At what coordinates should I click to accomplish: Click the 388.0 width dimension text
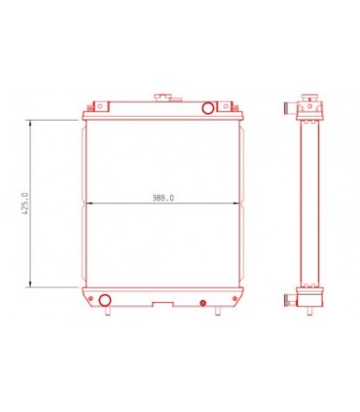[162, 198]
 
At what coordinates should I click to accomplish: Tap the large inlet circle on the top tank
[209, 106]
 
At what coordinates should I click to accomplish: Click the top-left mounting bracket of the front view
[94, 106]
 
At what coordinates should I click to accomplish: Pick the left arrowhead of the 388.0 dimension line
[90, 203]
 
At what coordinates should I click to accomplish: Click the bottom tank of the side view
[310, 297]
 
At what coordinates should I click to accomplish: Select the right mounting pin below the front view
[220, 312]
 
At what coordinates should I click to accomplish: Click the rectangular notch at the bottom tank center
[156, 303]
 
